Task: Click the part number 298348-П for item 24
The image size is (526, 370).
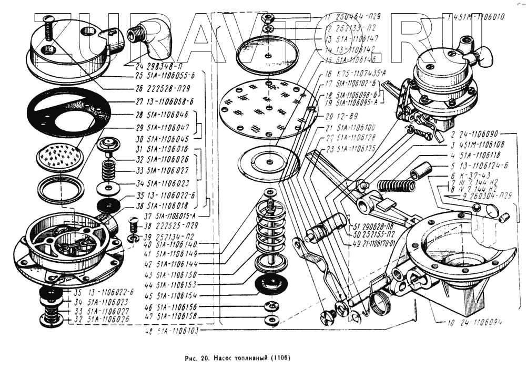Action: tap(156, 67)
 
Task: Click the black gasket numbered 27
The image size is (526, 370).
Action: tap(68, 112)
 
